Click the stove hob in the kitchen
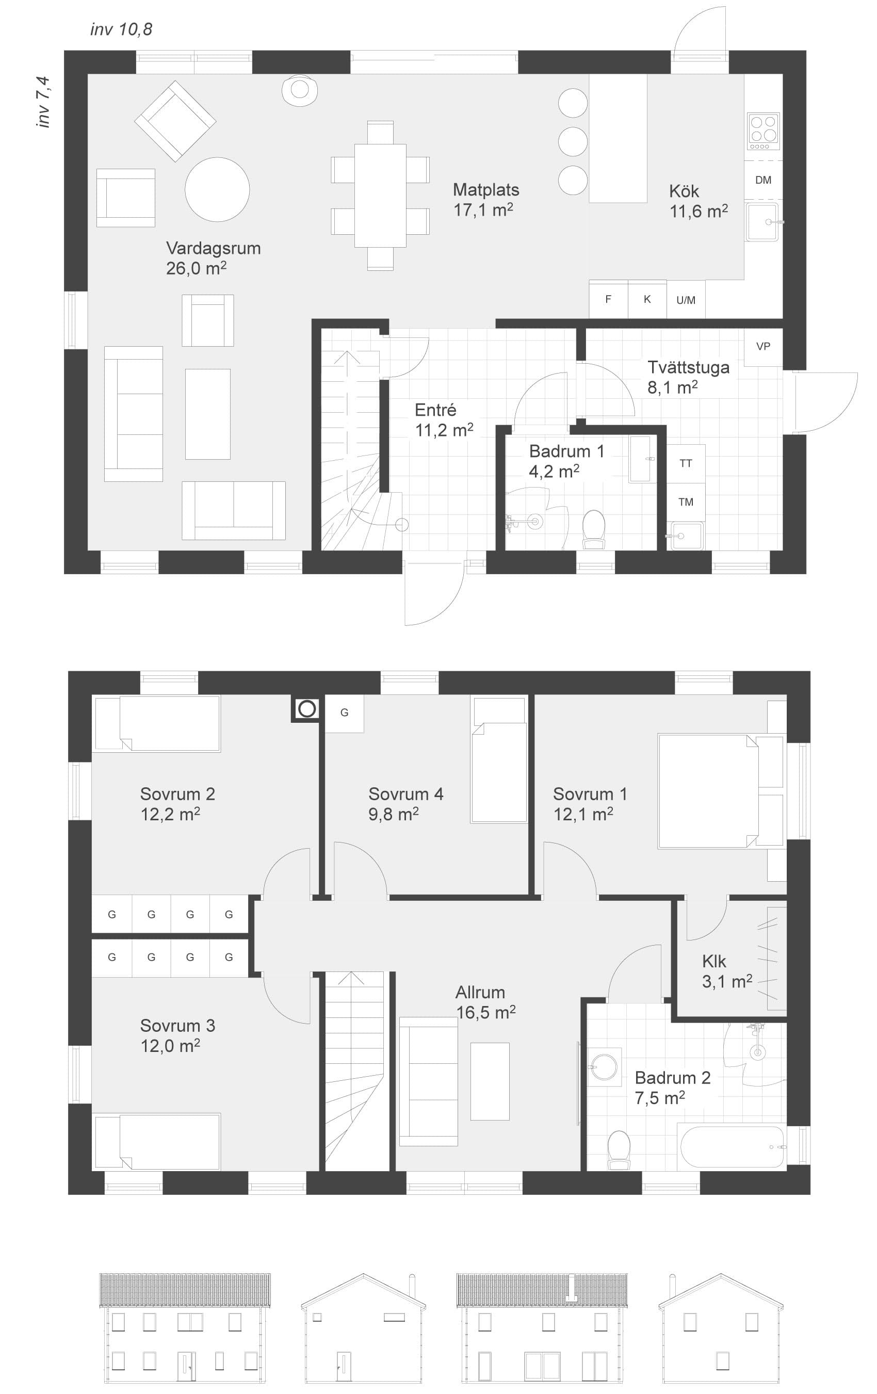coord(764,132)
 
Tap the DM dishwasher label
coord(763,180)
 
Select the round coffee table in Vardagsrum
coord(217,189)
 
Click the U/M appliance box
coord(686,299)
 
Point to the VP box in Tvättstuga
coord(763,347)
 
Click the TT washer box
coord(686,463)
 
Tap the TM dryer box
coord(686,502)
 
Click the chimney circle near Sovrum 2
coord(307,708)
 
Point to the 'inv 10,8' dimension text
coord(121,29)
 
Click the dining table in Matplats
coord(380,196)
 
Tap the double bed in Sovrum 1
coord(707,791)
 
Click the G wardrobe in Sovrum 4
coord(345,712)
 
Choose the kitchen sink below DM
coord(763,221)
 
